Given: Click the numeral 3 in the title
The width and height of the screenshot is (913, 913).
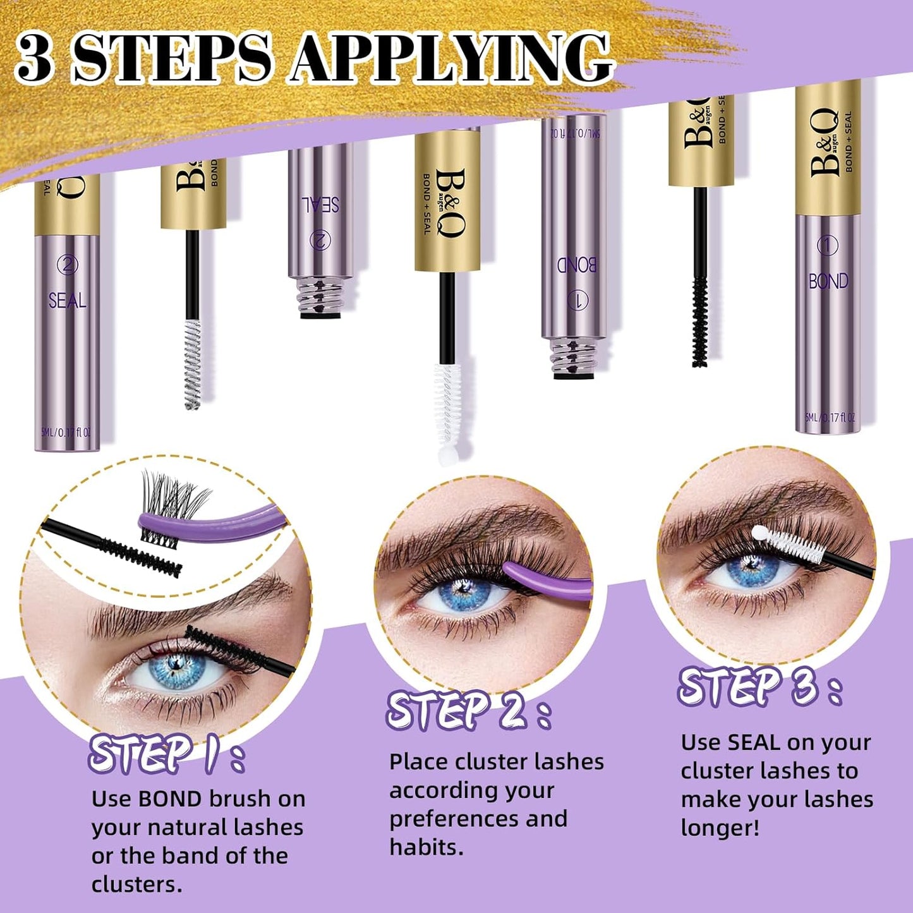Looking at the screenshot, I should coord(34,58).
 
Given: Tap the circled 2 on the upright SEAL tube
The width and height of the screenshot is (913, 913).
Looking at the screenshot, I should coord(67,264).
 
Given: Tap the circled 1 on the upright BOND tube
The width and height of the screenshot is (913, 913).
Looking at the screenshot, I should coord(828,245).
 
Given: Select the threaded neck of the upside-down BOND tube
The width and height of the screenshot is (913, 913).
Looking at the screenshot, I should coord(573,359).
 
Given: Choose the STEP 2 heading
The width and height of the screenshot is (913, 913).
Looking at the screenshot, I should coord(468,711).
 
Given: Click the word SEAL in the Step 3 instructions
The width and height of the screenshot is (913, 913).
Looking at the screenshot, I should coord(753,743).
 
